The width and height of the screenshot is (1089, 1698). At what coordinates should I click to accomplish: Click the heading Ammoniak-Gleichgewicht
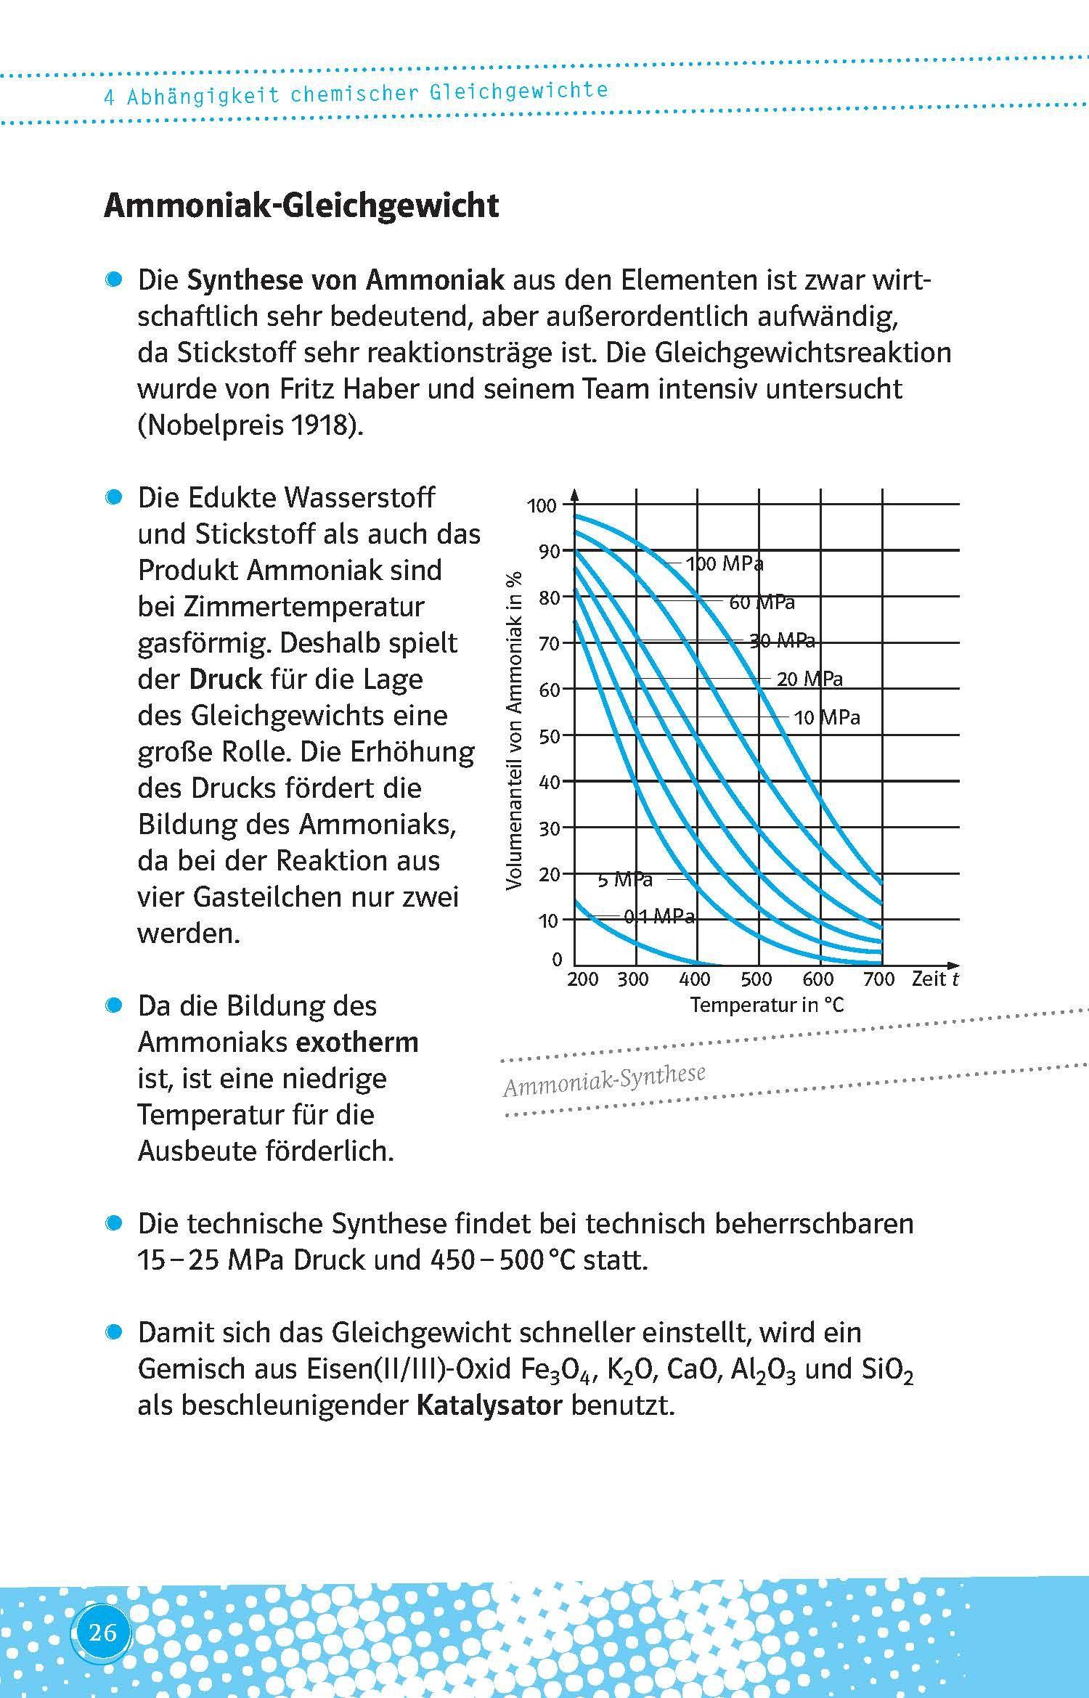(x=301, y=205)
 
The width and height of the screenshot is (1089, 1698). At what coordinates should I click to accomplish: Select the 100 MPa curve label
(x=725, y=564)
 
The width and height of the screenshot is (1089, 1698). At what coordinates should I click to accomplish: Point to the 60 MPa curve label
(x=762, y=603)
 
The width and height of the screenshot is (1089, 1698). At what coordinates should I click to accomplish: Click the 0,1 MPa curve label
(x=659, y=917)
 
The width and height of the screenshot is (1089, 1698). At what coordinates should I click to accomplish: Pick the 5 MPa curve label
(x=624, y=880)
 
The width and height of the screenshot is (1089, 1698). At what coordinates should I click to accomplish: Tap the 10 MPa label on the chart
(x=826, y=718)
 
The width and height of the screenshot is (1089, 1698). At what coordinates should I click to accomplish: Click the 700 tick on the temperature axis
(x=878, y=979)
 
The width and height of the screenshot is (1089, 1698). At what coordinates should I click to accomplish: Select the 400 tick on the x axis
(x=694, y=979)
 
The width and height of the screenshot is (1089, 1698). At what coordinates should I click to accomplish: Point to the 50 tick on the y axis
(x=550, y=736)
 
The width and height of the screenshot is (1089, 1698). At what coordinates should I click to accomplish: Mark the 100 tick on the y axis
(x=542, y=506)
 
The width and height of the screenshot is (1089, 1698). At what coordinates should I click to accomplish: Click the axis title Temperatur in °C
(x=767, y=1005)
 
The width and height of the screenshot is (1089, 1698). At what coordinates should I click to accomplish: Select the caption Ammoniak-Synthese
(x=604, y=1079)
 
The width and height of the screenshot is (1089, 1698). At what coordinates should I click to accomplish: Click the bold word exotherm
(x=358, y=1042)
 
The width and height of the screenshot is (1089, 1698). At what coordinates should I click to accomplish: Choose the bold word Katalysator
(x=489, y=1405)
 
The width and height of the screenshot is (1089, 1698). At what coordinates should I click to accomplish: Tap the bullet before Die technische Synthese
(x=113, y=1224)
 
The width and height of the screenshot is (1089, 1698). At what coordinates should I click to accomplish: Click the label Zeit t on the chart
(x=934, y=979)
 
